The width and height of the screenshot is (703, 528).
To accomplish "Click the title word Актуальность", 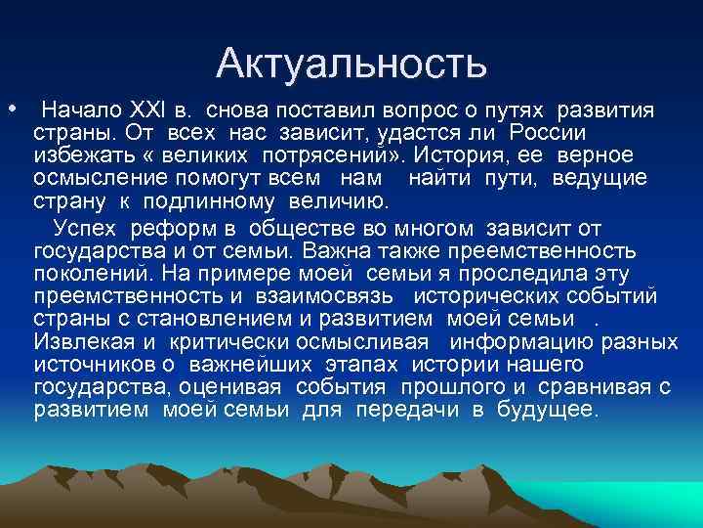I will pyautogui.click(x=351, y=65).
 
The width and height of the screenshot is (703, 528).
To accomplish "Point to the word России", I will pyautogui.click(x=551, y=132).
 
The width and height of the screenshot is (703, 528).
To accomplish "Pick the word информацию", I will pyautogui.click(x=526, y=342).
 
